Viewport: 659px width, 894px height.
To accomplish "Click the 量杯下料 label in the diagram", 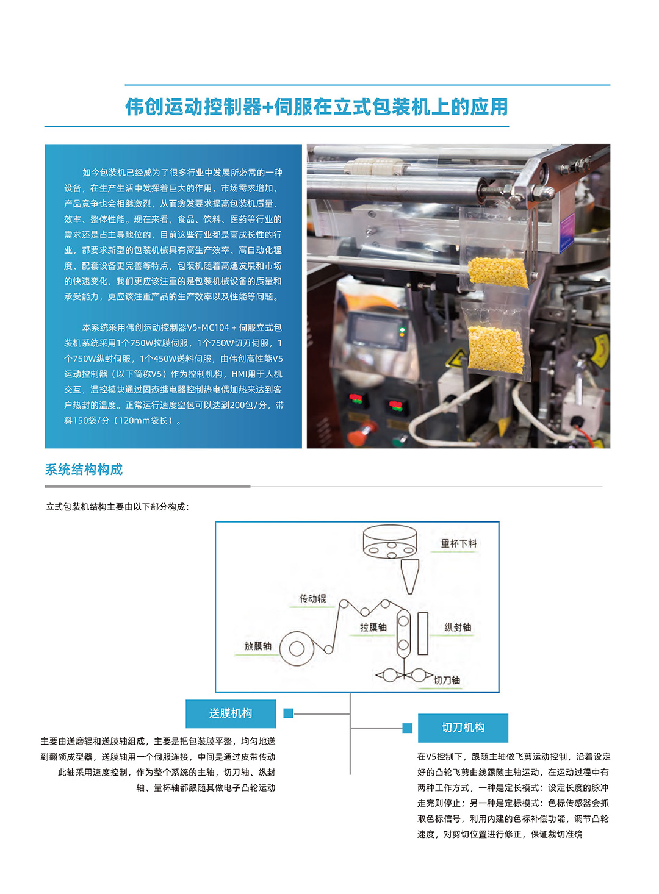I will point(459,543).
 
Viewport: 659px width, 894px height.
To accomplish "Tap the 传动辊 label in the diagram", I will point(312,599).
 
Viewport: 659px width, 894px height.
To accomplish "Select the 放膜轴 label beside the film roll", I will point(257,646).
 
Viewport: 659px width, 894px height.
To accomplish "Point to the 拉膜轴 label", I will point(373,628).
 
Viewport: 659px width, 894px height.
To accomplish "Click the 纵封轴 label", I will point(458,628).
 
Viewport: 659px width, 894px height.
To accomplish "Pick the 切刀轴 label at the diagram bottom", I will point(447,681).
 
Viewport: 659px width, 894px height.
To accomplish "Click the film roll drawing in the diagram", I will point(297,648).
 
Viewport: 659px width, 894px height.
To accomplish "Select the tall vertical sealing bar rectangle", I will point(422,634).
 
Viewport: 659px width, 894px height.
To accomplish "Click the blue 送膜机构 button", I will point(231,713).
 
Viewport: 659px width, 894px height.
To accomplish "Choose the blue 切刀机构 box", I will point(463,728).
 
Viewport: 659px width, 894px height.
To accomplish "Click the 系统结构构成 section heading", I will point(84,470).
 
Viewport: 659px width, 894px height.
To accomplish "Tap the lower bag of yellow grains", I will point(495,349).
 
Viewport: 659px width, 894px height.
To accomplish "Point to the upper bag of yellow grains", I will point(498,271).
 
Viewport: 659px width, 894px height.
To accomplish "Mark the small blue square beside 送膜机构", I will point(289,713).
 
